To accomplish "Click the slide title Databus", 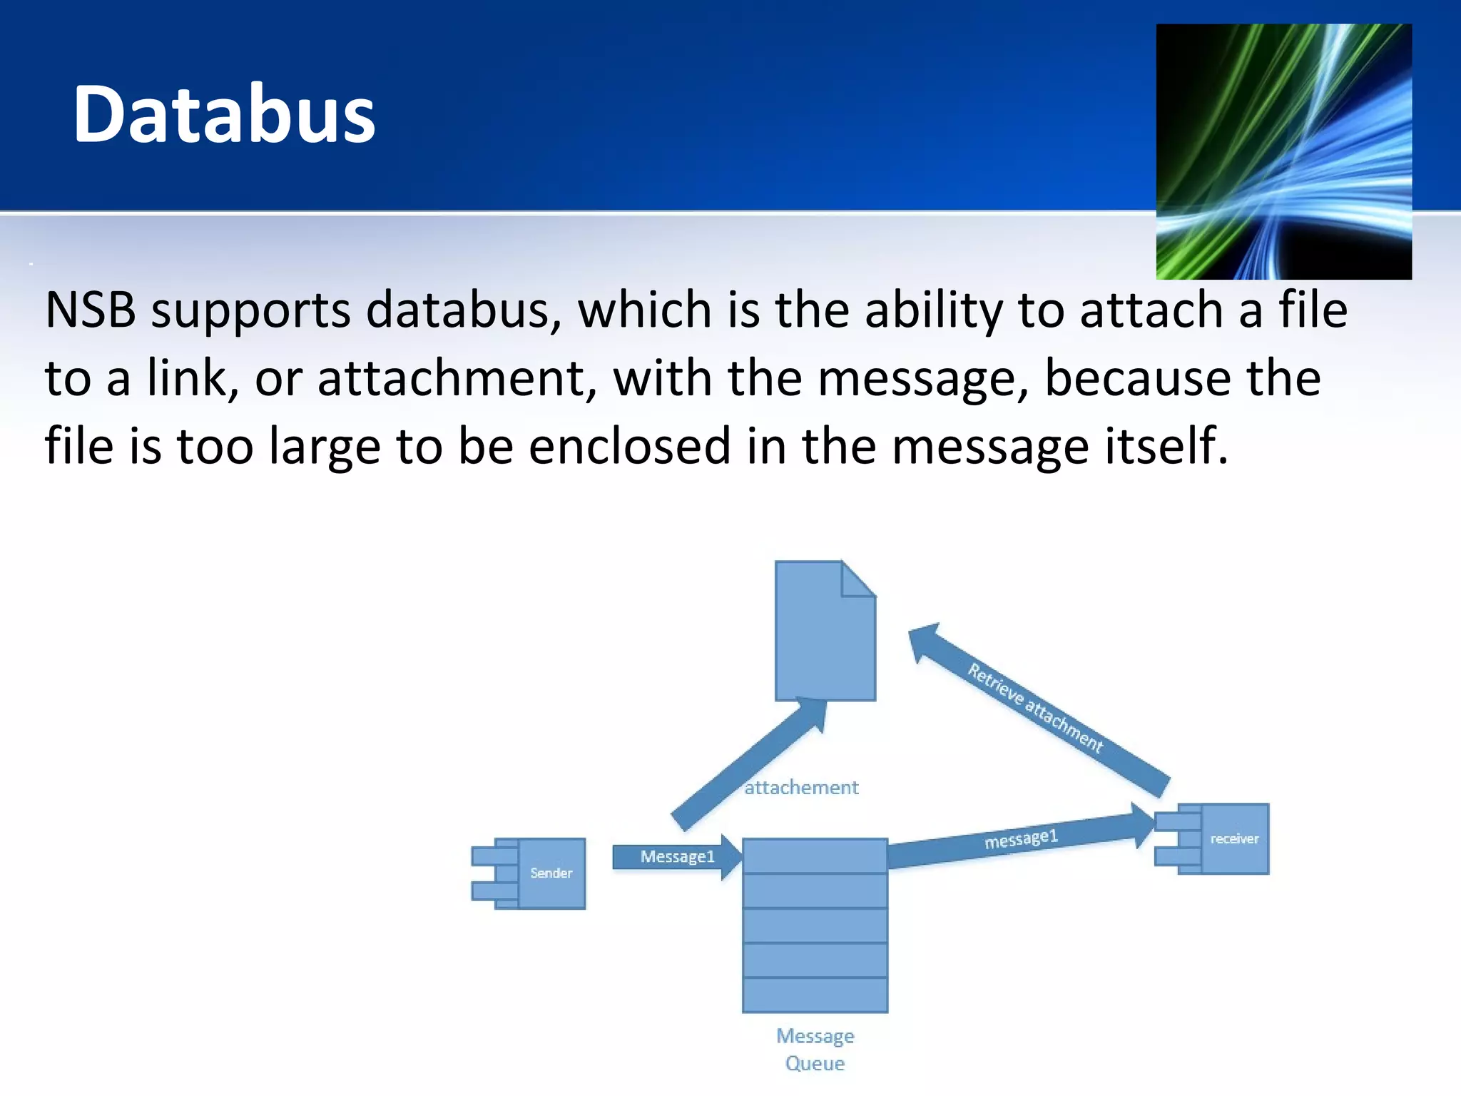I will pyautogui.click(x=224, y=114).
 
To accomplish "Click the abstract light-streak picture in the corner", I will pyautogui.click(x=1283, y=151).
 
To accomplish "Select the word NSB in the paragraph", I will pyautogui.click(x=90, y=310).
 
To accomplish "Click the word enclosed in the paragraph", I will pyautogui.click(x=630, y=446).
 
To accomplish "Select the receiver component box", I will pyautogui.click(x=1233, y=838).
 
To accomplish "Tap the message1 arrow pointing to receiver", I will pyautogui.click(x=1020, y=840).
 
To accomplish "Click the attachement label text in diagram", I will pyautogui.click(x=801, y=788).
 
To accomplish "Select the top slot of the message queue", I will pyautogui.click(x=815, y=856).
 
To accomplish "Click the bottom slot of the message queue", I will pyautogui.click(x=815, y=995).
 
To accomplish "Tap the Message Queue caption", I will pyautogui.click(x=815, y=1049).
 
